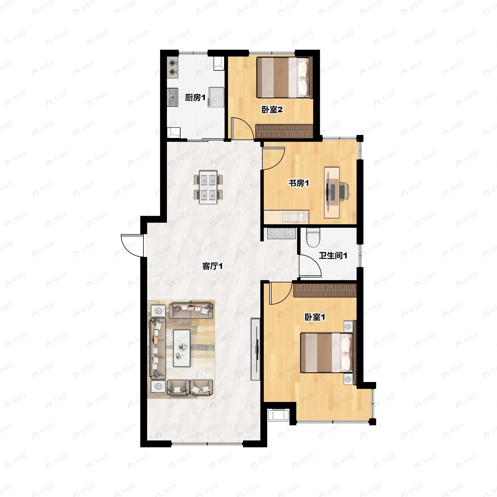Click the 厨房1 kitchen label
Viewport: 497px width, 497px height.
(x=195, y=98)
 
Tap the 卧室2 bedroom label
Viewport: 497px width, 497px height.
(x=272, y=110)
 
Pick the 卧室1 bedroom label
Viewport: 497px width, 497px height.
(x=315, y=317)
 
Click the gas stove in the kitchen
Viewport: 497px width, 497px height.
(x=172, y=67)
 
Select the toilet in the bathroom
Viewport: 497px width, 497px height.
(x=313, y=237)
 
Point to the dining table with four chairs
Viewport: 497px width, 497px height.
(x=208, y=187)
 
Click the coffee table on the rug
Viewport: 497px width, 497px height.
(x=182, y=348)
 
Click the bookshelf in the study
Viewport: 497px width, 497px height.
(x=295, y=217)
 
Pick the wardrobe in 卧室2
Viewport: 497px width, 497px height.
(x=284, y=131)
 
